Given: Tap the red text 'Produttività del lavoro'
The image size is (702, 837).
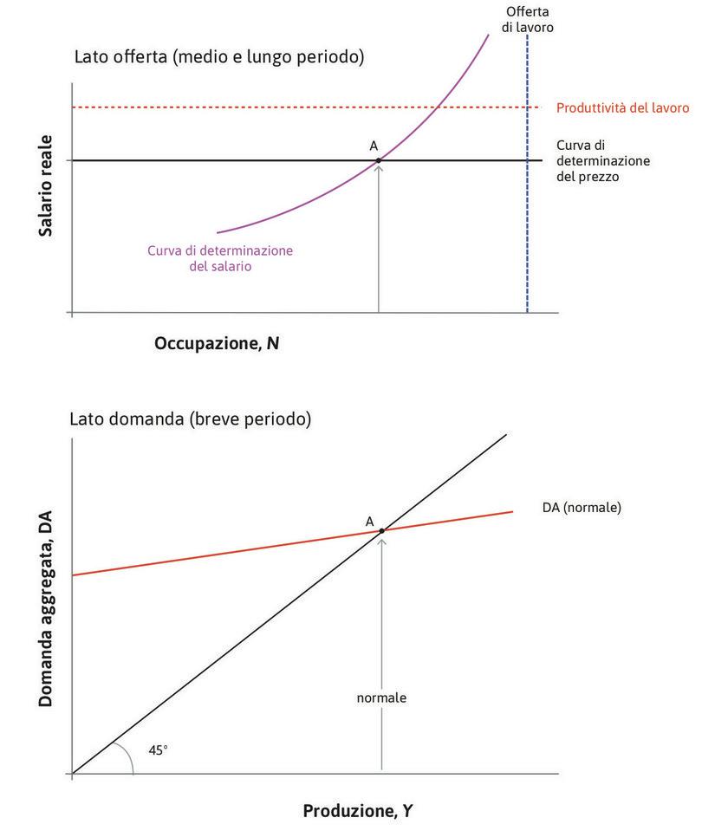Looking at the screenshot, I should coord(622,108).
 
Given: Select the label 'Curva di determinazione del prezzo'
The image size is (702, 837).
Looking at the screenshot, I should coord(603,160).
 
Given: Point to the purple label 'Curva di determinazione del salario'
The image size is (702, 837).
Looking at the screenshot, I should coord(220,258).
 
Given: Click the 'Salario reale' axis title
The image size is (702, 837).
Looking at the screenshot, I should coord(45,185).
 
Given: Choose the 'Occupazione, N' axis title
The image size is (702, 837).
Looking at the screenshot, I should coord(217,343).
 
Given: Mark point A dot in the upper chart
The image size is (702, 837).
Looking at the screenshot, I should coord(379,160).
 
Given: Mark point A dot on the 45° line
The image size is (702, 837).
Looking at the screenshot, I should coord(381,530).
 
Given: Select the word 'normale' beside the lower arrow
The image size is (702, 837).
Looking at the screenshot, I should coord(381,697).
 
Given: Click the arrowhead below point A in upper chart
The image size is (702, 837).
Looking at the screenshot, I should coord(379,167).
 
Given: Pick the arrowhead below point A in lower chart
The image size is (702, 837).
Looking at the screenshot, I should coord(381,538).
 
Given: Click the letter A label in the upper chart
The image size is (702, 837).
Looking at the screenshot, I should coord(374,146).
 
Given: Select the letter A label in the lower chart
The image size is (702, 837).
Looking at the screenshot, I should coord(370,521).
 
